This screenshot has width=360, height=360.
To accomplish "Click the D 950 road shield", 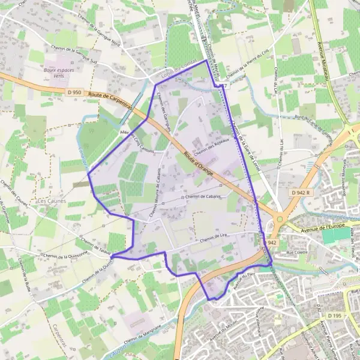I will coord(74,92).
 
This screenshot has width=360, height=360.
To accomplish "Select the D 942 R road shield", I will coord(299,192).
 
